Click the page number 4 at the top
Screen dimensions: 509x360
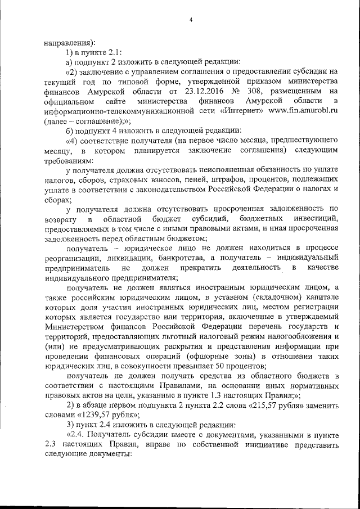191,20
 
